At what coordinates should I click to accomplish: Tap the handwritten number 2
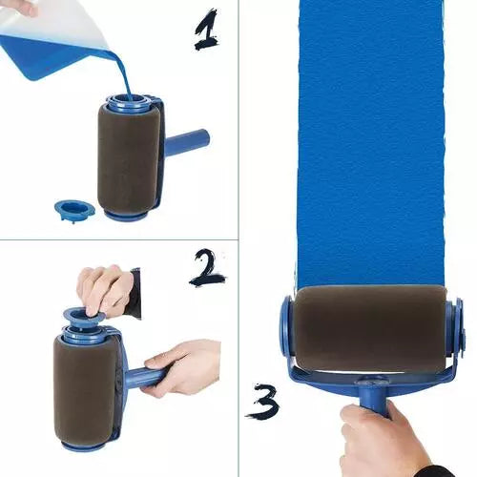pos(208,268)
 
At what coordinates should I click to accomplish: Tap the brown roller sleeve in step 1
pos(128,156)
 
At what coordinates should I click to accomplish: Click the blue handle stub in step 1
pos(188,143)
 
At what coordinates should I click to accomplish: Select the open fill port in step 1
pos(132,99)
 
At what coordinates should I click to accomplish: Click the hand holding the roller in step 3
pos(382,440)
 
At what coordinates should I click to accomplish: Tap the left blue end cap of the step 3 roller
pos(285,329)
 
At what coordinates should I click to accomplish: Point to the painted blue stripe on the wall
pos(371,143)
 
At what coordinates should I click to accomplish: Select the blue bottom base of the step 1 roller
pos(126,216)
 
